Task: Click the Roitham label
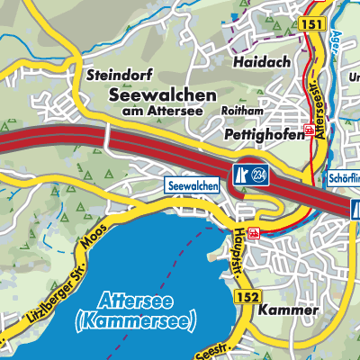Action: [x=240, y=113]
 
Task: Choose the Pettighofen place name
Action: [x=265, y=132]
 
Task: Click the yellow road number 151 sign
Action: [x=311, y=24]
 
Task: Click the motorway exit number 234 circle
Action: [x=260, y=173]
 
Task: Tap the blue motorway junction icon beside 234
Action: [x=241, y=173]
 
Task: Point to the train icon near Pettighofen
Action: [x=309, y=131]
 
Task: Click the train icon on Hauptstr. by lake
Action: [x=255, y=233]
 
